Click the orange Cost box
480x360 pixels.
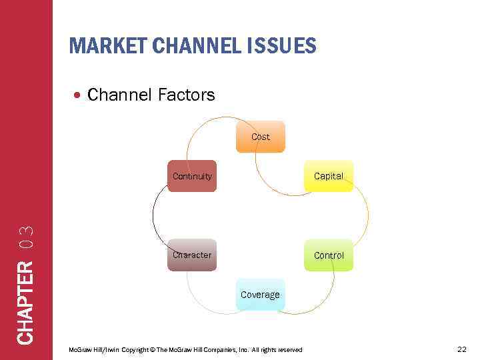(260, 137)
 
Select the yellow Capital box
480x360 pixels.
(329, 176)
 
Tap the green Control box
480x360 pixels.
(329, 255)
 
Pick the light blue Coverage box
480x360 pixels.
(260, 295)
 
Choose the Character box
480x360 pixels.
(192, 255)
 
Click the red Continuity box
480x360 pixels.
(192, 176)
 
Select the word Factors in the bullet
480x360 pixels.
(187, 95)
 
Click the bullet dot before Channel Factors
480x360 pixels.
(78, 96)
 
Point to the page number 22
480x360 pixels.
(462, 349)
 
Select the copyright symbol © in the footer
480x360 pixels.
(153, 350)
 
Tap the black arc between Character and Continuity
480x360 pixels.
(153, 215)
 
